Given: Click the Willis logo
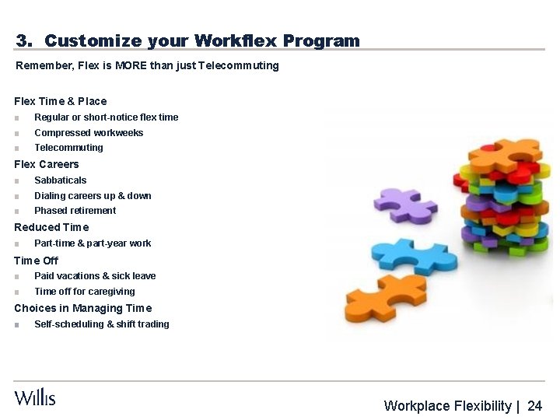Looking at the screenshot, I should point(35,397).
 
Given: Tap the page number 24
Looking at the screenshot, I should point(534,406).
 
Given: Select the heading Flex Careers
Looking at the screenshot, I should point(47,164).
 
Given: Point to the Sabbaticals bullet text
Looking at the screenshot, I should point(61,180).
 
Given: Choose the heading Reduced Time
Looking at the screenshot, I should point(51,227).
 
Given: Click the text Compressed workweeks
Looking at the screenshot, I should point(89,133).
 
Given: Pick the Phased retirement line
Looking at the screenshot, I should point(75,211).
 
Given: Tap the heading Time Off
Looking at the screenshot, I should point(36,261).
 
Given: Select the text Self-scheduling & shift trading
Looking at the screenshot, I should point(101,324).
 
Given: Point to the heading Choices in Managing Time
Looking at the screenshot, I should point(83,308).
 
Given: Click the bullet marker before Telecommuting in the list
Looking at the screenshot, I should point(16,149).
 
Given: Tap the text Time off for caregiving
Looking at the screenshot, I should point(84,292).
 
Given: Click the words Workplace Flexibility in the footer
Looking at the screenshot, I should point(447,406).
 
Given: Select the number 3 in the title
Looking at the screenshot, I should point(23,40).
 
